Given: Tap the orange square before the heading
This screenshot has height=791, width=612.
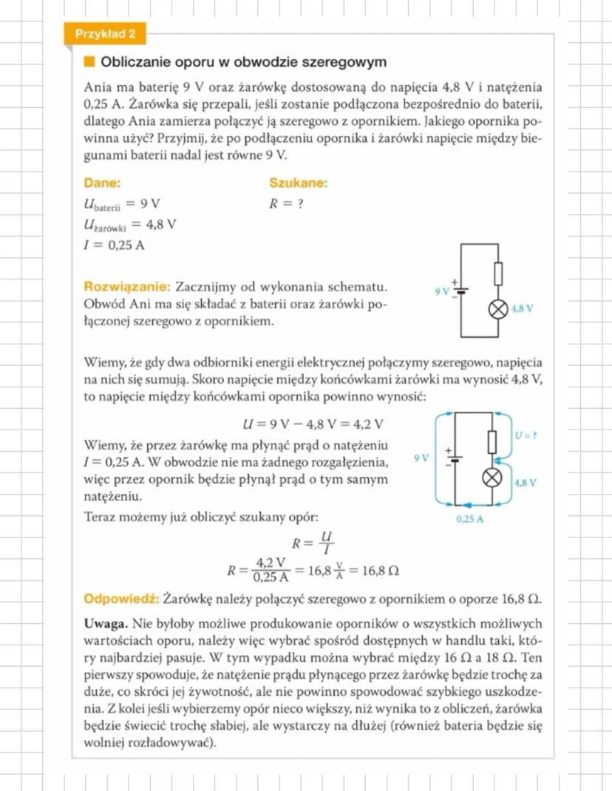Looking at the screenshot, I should pyautogui.click(x=89, y=62).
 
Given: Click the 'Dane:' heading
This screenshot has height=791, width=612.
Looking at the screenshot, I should pyautogui.click(x=102, y=183).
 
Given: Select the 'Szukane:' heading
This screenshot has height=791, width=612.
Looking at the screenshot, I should pyautogui.click(x=298, y=183).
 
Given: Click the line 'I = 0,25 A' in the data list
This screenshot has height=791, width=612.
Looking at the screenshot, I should pyautogui.click(x=114, y=245).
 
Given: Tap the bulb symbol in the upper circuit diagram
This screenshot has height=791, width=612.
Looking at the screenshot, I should pyautogui.click(x=497, y=309).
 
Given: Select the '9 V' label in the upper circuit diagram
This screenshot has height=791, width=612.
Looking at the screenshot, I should pyautogui.click(x=442, y=291).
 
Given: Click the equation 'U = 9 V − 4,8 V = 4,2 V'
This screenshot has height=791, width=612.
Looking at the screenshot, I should pyautogui.click(x=313, y=424).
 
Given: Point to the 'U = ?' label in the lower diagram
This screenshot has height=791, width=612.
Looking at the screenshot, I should pyautogui.click(x=525, y=436).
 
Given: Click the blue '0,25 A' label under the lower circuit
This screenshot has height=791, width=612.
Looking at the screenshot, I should pyautogui.click(x=470, y=519).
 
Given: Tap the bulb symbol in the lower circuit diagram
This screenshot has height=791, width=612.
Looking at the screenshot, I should pyautogui.click(x=491, y=478).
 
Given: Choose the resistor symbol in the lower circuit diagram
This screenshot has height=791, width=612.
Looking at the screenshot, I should pyautogui.click(x=491, y=442).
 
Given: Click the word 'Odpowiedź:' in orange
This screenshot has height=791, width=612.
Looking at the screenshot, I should pyautogui.click(x=122, y=597).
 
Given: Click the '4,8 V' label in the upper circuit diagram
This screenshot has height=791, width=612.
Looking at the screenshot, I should pyautogui.click(x=522, y=309).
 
